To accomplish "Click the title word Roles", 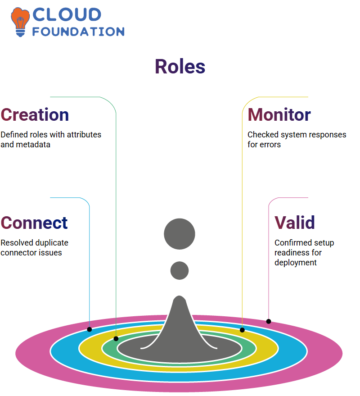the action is [180, 67].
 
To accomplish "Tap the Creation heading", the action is [35, 115].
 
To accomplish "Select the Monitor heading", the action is [279, 115].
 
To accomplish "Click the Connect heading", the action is [34, 223].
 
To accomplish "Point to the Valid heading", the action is [295, 223].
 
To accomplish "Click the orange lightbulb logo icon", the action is [20, 22].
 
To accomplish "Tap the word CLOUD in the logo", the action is [67, 14].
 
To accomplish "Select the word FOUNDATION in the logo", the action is [78, 32].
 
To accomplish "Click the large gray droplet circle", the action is [180, 234].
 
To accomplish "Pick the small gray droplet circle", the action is [180, 270].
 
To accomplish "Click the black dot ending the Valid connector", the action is [269, 322].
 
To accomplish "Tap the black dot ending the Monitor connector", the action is [242, 330].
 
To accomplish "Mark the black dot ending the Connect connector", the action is [89, 329].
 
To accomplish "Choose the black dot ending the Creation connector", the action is [116, 339].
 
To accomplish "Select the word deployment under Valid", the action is [295, 263].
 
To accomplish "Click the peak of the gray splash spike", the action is [180, 296].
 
